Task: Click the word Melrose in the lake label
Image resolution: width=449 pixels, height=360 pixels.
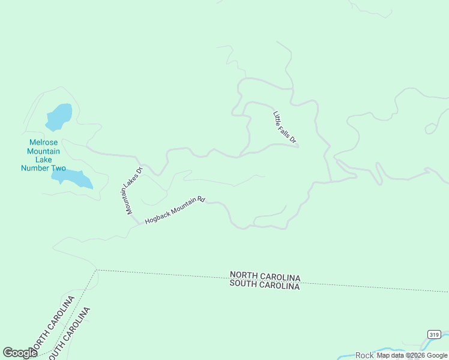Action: tap(44, 143)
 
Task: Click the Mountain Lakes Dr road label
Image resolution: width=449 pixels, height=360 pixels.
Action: tap(133, 190)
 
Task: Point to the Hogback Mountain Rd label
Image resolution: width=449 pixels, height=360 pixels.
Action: tap(175, 211)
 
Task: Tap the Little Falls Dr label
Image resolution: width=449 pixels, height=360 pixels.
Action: tap(285, 128)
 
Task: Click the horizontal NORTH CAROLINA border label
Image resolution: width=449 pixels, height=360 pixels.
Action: tap(265, 277)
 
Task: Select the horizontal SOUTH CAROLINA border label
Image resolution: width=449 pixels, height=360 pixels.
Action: tap(265, 286)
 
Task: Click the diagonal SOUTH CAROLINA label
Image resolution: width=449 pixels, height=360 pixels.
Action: tap(70, 334)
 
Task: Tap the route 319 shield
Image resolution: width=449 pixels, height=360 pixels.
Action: tap(434, 334)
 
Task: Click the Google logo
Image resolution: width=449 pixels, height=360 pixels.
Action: tap(20, 353)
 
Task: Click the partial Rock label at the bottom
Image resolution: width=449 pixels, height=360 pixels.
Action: tap(364, 356)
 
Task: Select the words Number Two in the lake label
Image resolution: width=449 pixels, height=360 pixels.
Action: tap(43, 168)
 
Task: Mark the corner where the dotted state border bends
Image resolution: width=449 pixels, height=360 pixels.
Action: tap(96, 270)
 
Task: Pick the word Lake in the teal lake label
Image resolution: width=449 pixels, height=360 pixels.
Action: tap(44, 160)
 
